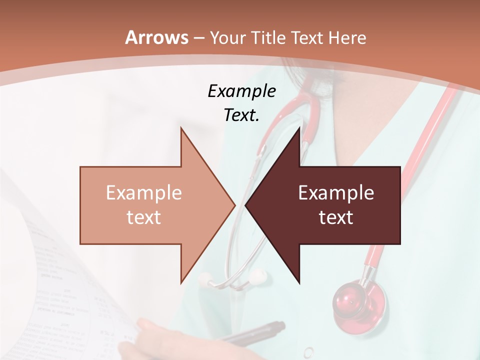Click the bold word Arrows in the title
coord(156,37)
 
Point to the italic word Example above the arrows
coord(241,91)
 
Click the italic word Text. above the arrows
coord(241,115)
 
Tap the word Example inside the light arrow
coord(144,193)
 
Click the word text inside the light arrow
coord(144,217)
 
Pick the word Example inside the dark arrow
coord(336,193)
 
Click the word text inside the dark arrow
coord(336,217)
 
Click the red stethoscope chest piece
coord(359,301)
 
